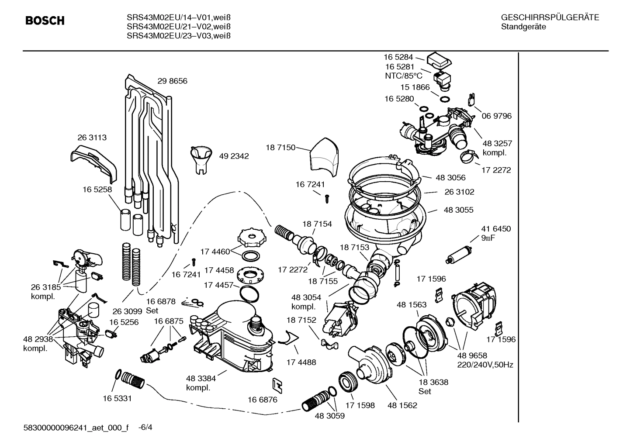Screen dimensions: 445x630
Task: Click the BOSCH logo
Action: (45, 21)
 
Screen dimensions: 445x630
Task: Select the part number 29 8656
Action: (172, 81)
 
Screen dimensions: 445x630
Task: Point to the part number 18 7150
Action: (280, 148)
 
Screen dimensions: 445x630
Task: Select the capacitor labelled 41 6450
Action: (458, 255)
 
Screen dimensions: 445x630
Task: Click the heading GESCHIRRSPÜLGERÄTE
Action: (550, 18)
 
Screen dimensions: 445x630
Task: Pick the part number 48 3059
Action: (329, 416)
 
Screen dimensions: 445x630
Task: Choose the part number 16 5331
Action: (117, 398)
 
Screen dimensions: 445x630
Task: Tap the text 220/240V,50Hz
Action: (485, 365)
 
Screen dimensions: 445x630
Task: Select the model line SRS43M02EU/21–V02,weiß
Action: (178, 27)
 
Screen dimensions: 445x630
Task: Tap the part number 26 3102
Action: (459, 192)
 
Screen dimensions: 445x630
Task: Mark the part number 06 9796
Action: (496, 116)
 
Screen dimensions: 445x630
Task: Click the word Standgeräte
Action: (523, 27)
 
